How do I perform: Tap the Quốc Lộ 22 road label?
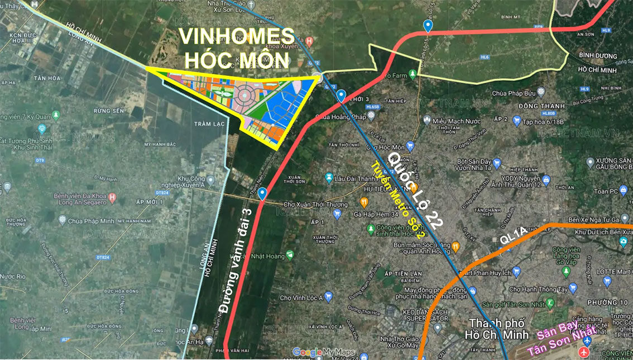(416, 190)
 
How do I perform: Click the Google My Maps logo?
(324, 352)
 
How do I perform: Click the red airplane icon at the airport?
(584, 352)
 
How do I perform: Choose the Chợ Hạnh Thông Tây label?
(538, 290)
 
